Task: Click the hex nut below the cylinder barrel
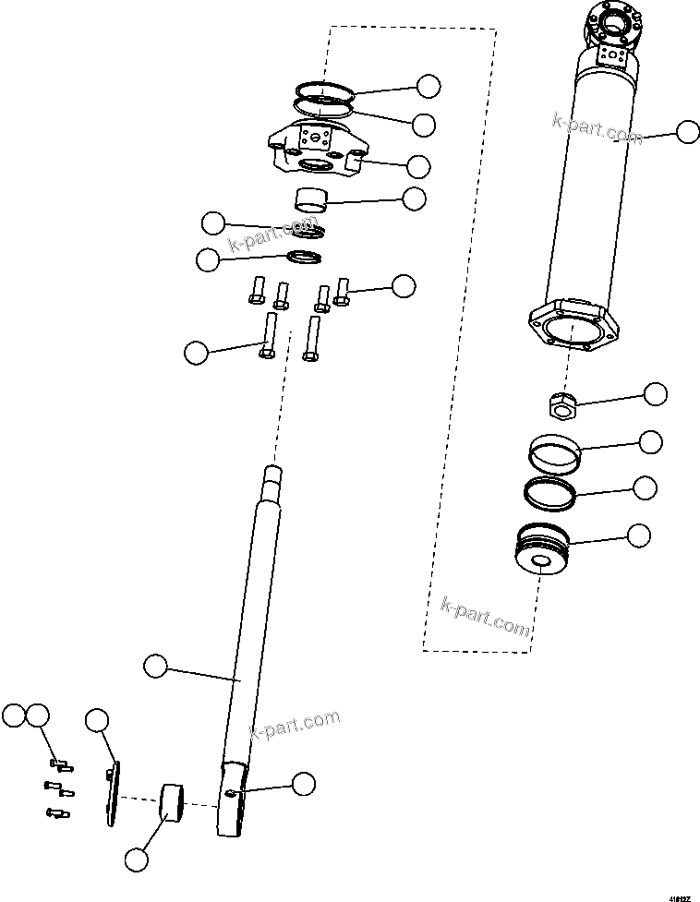pyautogui.click(x=561, y=403)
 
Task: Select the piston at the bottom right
pyautogui.click(x=543, y=550)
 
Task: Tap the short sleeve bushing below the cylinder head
pyautogui.click(x=310, y=198)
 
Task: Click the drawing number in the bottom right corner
pyautogui.click(x=682, y=894)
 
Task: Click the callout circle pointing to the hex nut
pyautogui.click(x=655, y=394)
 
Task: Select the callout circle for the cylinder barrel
pyautogui.click(x=687, y=132)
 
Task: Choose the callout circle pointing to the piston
pyautogui.click(x=639, y=535)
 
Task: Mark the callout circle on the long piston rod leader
pyautogui.click(x=156, y=664)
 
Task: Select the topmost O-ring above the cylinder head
pyautogui.click(x=326, y=92)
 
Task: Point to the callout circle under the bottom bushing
pyautogui.click(x=136, y=859)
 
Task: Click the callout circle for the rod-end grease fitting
pyautogui.click(x=303, y=784)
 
